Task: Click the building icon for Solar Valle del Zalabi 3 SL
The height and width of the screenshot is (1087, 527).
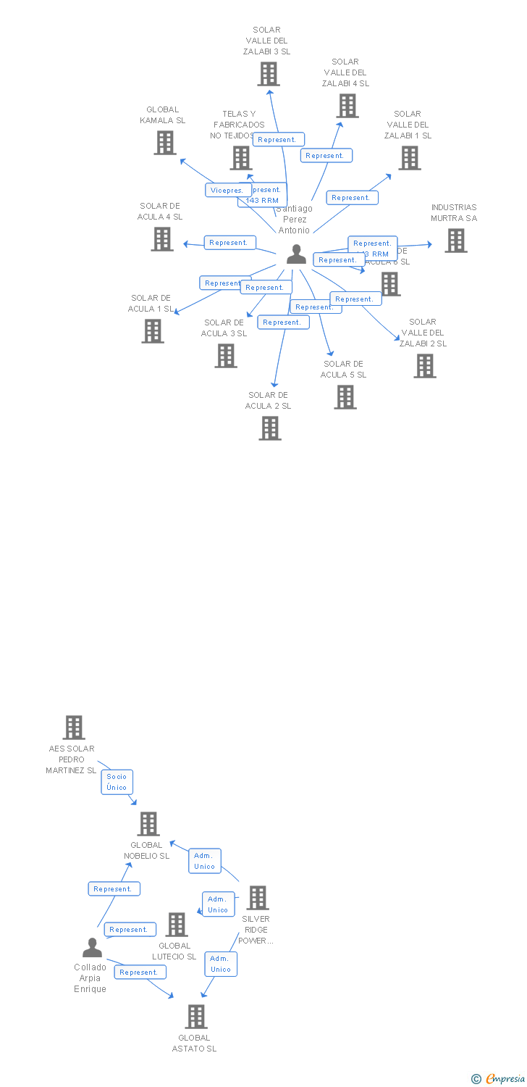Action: point(269,74)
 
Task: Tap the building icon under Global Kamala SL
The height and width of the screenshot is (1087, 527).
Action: point(165,143)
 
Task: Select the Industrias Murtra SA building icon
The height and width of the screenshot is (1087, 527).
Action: point(455,241)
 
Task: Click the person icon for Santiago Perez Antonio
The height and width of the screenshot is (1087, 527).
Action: point(296,254)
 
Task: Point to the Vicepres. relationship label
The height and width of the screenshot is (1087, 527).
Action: point(228,190)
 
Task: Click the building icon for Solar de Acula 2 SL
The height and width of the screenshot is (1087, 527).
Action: point(270,428)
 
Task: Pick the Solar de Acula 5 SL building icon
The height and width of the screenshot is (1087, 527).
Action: point(345,397)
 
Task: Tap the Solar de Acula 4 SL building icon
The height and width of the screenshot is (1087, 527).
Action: point(162,239)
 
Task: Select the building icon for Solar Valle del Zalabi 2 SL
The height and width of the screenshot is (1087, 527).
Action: point(425,366)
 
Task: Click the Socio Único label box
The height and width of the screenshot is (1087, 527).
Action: point(117,782)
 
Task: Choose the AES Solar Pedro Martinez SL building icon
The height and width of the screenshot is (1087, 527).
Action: point(74,728)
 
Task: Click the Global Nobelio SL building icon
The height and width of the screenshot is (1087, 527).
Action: point(148,824)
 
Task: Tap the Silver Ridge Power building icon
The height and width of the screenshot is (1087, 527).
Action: point(257,898)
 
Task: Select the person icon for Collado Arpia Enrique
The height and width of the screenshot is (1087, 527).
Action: point(92,948)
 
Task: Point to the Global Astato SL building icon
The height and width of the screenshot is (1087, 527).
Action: point(195,1017)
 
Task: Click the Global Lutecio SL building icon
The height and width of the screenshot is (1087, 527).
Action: point(177,925)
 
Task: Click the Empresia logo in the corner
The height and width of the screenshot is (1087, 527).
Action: point(499,1079)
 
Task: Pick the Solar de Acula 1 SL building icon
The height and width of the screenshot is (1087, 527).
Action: point(153,331)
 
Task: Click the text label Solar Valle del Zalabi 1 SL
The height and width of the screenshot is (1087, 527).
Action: point(408,125)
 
